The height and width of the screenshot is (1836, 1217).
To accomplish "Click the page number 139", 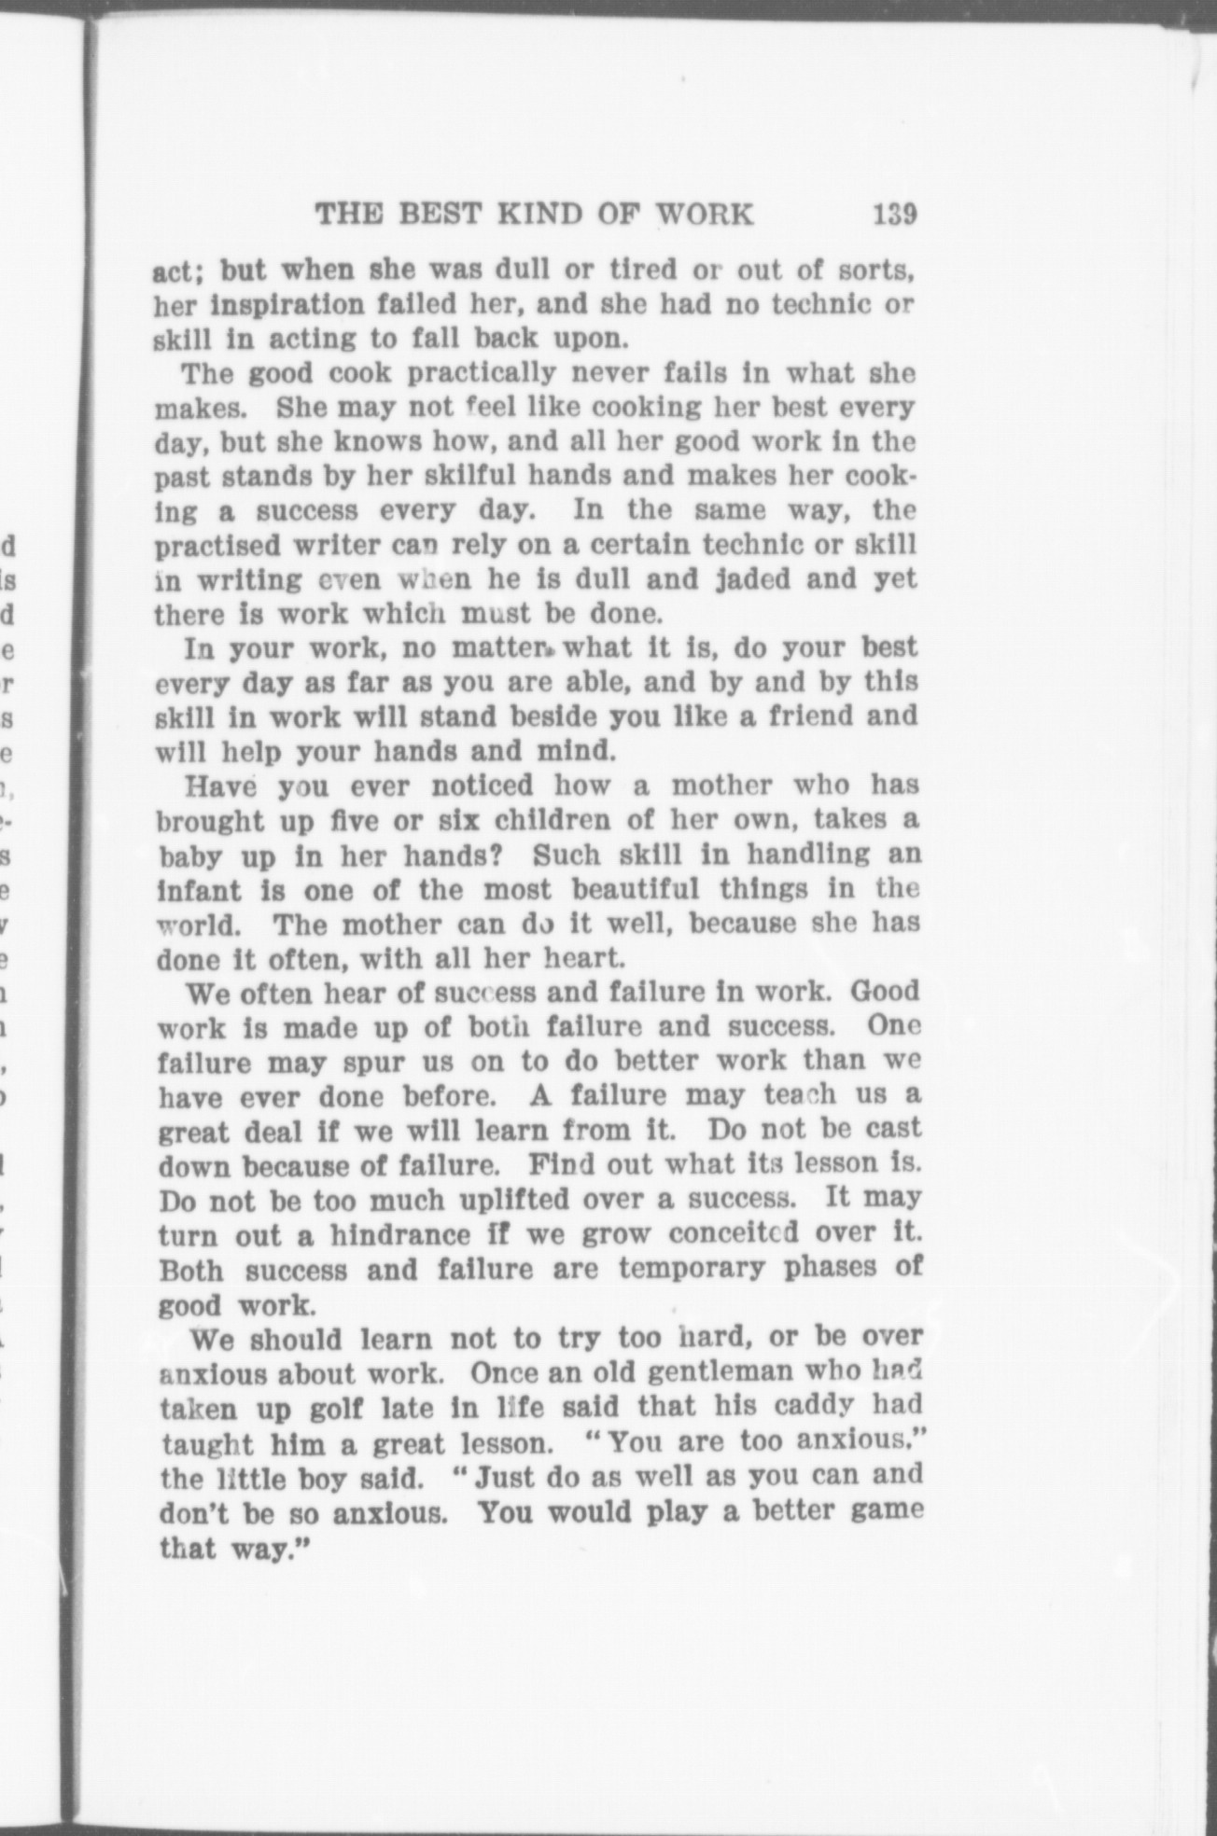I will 895,215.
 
